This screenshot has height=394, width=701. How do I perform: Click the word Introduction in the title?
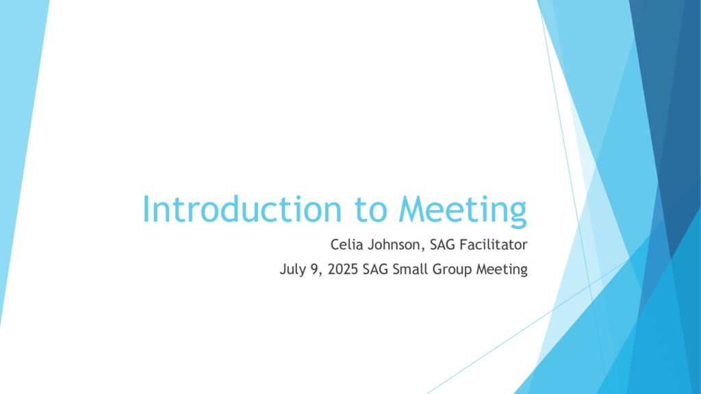click(x=242, y=209)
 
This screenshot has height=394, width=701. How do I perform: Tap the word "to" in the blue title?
click(x=370, y=210)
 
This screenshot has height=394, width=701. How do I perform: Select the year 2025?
click(x=343, y=269)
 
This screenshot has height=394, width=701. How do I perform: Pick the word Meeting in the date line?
click(x=502, y=270)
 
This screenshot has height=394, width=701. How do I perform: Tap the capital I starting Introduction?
click(x=145, y=209)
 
